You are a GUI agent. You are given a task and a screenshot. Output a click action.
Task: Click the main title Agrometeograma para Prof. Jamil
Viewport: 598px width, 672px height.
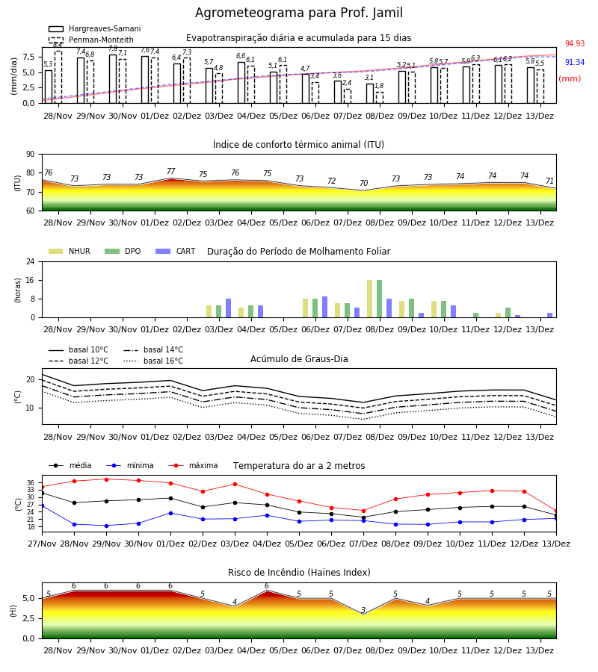299,13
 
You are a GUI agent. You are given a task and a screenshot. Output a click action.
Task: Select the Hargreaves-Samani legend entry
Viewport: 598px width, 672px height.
94,28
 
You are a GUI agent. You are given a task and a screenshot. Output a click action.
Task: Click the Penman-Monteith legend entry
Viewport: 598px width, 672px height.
91,40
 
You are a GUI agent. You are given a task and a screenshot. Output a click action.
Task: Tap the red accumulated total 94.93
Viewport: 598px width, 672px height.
575,44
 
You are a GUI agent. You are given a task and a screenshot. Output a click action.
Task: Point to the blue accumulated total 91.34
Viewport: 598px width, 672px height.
575,63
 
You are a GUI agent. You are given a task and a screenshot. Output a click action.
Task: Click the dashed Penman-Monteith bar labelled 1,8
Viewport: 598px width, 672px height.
379,98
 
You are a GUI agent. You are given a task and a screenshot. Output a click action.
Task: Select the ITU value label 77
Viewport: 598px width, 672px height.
170,172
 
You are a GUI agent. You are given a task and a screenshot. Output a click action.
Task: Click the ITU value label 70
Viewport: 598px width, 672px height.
363,183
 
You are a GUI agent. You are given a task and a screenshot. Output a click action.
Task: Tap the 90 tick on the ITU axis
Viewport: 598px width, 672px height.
31,155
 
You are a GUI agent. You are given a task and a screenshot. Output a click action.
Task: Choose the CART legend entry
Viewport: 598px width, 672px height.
175,251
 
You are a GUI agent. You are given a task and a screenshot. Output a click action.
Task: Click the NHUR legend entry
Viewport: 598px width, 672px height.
70,251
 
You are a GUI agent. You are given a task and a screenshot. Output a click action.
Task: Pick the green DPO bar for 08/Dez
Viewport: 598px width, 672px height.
379,299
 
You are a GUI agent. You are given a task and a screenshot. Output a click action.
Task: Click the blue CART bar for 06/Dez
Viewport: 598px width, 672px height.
324,307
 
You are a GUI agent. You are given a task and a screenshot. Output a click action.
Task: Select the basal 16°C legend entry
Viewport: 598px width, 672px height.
153,361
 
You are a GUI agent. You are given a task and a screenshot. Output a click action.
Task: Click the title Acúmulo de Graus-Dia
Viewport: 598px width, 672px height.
299,359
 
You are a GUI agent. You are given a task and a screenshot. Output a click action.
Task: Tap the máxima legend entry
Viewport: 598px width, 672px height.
193,465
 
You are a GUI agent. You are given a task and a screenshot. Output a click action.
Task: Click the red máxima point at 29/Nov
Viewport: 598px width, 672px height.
106,479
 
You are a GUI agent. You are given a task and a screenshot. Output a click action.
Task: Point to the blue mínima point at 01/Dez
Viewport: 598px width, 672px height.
170,513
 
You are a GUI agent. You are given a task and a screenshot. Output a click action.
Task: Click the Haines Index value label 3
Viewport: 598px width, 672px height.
363,609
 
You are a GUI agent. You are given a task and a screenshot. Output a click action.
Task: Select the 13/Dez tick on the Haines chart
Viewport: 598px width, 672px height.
540,650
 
